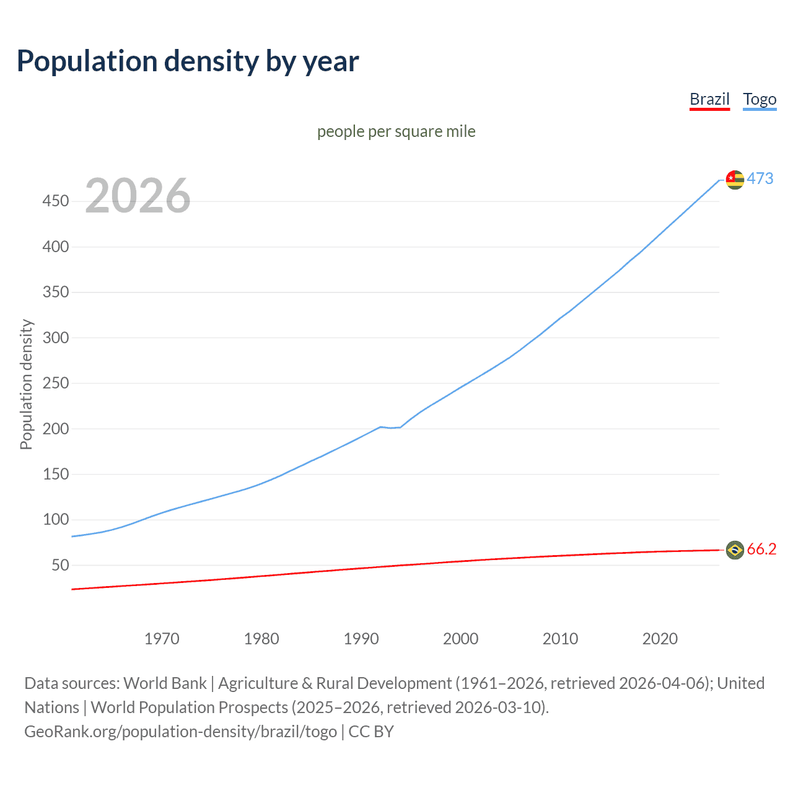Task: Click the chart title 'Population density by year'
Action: [188, 61]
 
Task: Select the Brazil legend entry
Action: [709, 99]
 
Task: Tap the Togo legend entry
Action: [760, 99]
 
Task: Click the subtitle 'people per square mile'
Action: [396, 131]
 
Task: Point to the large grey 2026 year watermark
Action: [138, 196]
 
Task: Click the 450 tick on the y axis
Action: [55, 201]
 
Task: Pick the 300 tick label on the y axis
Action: [55, 338]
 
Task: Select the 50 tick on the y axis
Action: [60, 565]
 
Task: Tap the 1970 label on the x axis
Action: [162, 639]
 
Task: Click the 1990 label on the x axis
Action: [361, 639]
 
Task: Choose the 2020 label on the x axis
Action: [660, 639]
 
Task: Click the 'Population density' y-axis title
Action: [26, 384]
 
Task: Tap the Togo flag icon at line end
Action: [735, 180]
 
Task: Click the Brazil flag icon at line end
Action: [735, 550]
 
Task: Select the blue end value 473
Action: [760, 178]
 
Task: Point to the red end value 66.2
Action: [761, 550]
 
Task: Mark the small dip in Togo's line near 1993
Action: [391, 427]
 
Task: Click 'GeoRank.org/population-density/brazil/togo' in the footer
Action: [180, 732]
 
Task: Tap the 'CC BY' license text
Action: [371, 732]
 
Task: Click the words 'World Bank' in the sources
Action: [165, 683]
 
